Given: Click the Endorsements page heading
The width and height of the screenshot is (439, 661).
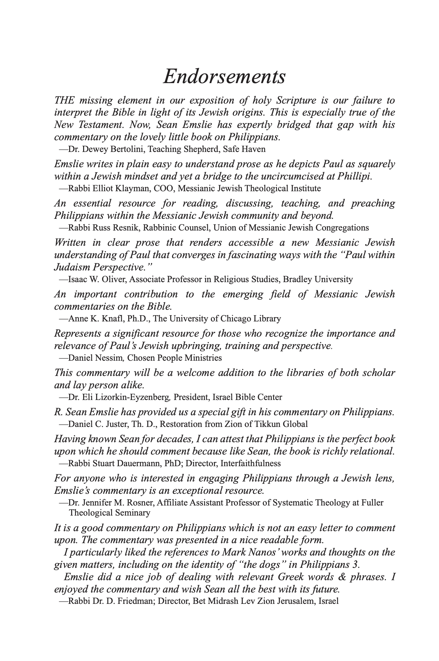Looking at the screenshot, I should [x=224, y=77].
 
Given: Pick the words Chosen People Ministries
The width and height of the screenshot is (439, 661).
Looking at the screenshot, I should [x=174, y=358].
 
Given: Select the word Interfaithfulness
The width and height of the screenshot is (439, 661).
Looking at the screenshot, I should [x=250, y=463].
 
